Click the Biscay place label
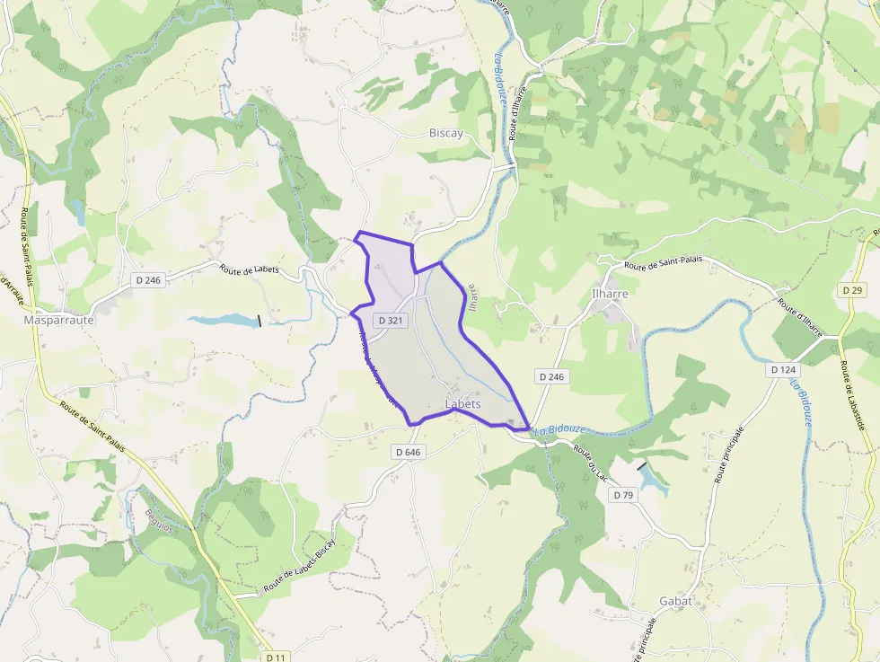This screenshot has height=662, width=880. point(446,133)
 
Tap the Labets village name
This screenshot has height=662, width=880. point(463,404)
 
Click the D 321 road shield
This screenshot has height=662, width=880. point(392,320)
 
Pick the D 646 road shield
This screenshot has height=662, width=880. point(407,452)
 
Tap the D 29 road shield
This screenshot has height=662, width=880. point(852,290)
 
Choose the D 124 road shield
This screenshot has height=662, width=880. point(782,369)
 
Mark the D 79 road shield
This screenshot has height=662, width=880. point(622,495)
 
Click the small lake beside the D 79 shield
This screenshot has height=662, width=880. point(653,481)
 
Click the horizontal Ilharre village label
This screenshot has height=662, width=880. point(610,293)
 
